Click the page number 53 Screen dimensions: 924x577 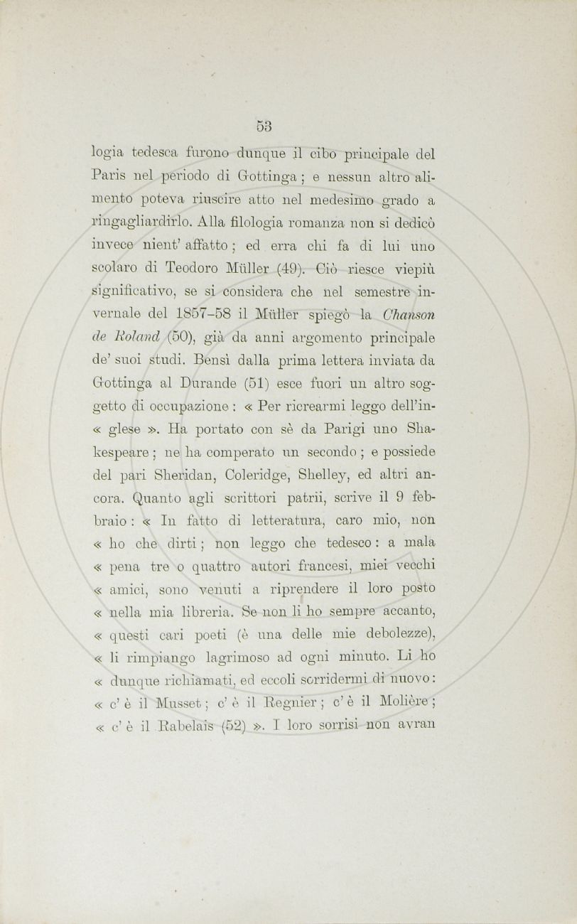tap(264, 127)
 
